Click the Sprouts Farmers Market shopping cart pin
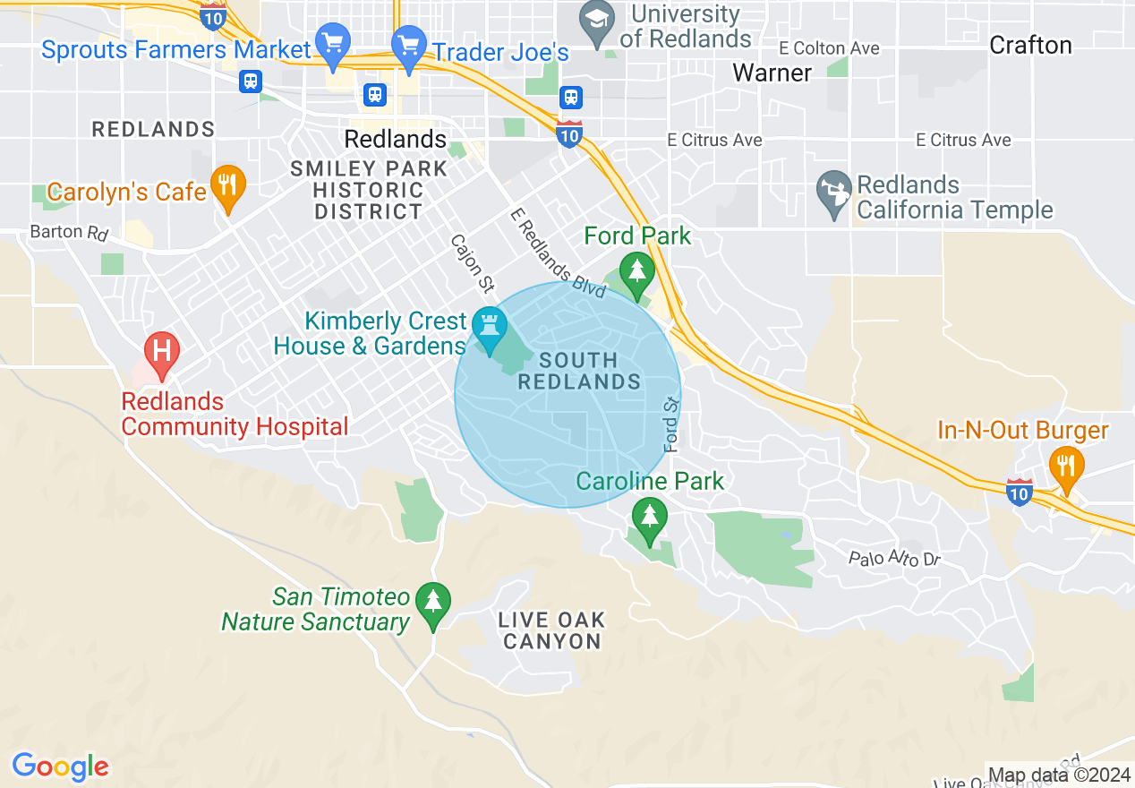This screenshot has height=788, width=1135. [x=333, y=44]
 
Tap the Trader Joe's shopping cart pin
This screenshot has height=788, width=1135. [x=409, y=46]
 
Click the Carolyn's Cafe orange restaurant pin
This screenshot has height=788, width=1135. [x=227, y=186]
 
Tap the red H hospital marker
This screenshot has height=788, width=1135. [x=161, y=350]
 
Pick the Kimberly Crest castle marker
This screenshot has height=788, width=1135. [x=490, y=327]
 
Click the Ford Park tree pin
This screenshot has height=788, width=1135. [x=636, y=271]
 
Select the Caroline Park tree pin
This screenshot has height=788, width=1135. [x=649, y=518]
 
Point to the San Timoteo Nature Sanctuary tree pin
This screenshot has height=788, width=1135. [x=433, y=603]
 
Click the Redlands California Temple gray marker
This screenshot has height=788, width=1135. [x=833, y=193]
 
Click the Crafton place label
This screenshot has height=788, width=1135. [x=1030, y=46]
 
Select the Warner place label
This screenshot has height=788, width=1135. [x=772, y=73]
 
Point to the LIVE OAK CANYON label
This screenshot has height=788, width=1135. [x=552, y=630]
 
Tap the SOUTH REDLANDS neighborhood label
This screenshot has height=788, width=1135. [x=580, y=371]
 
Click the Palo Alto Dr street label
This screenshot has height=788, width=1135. [x=894, y=559]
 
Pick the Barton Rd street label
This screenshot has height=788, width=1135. [x=69, y=233]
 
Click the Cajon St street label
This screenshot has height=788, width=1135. [x=472, y=264]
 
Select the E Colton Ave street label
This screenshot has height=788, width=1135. [x=829, y=48]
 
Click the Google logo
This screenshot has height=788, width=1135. [x=60, y=767]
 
